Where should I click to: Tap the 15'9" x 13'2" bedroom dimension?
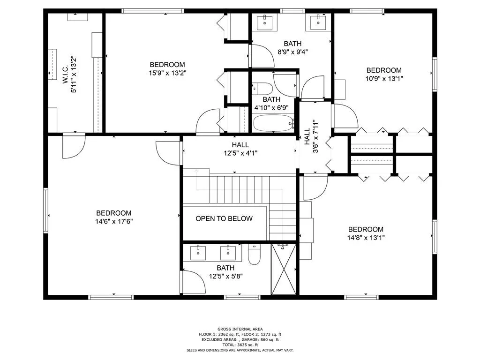[167, 73]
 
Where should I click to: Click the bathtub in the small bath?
[273, 124]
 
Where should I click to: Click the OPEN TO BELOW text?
[224, 218]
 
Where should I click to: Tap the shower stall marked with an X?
[284, 270]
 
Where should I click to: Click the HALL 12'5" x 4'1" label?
[240, 149]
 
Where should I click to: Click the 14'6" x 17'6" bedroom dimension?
[114, 221]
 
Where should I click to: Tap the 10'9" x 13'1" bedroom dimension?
[384, 78]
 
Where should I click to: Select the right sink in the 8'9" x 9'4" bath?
[319, 21]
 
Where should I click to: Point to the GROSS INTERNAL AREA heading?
[240, 329]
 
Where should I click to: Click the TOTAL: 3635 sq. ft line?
[240, 345]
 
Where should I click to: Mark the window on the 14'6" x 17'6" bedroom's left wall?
[46, 210]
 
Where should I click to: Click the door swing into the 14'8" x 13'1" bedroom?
[315, 187]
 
